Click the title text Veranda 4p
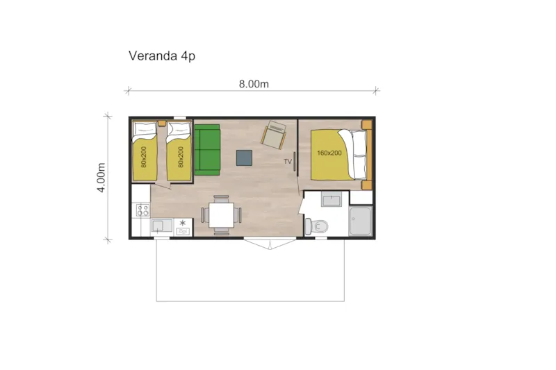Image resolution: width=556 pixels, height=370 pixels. click(x=161, y=56)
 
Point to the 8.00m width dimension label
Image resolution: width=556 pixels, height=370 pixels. click(x=254, y=84)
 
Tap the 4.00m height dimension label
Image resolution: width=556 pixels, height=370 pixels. click(x=101, y=177)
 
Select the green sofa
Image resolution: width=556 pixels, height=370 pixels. click(x=206, y=149)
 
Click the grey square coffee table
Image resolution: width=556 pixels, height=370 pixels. click(x=245, y=158)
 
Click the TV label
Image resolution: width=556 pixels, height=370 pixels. click(x=287, y=162)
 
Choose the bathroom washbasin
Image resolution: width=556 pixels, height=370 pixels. click(x=332, y=200)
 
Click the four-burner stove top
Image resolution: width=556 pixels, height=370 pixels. click(x=143, y=210)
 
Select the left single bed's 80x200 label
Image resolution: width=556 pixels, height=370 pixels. click(x=143, y=158)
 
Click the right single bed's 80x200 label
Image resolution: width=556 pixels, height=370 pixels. click(x=180, y=158)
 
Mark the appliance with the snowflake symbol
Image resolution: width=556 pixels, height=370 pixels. click(x=183, y=226)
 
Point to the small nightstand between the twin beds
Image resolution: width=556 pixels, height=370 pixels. click(x=161, y=123)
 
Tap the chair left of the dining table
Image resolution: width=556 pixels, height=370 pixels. click(x=204, y=215)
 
